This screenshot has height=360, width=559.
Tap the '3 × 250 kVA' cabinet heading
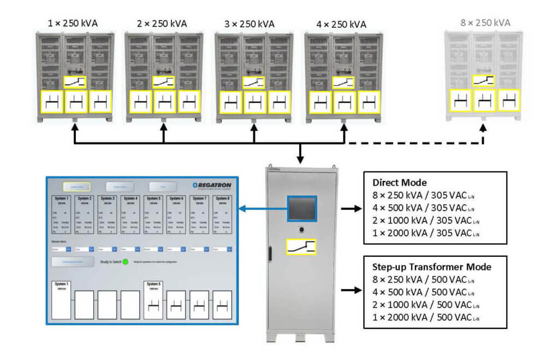[252, 23]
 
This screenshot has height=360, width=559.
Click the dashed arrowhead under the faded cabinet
[483, 127]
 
